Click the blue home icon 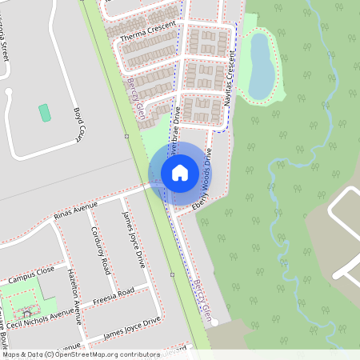179,171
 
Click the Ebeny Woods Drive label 203,180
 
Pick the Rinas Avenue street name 74,210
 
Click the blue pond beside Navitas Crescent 261,66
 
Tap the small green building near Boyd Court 45,113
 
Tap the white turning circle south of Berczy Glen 214,322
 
